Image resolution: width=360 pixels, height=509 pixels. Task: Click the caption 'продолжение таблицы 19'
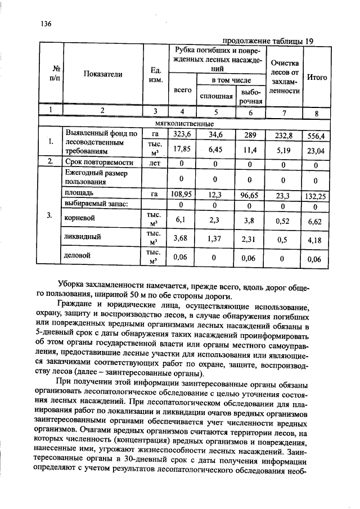click(x=268, y=41)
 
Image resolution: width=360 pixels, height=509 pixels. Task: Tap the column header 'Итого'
click(x=318, y=77)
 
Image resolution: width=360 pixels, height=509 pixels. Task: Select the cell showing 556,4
click(x=316, y=136)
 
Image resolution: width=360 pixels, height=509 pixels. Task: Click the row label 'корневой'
click(x=80, y=217)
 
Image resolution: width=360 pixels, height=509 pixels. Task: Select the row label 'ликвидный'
click(x=82, y=237)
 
